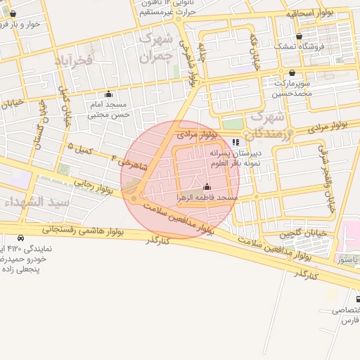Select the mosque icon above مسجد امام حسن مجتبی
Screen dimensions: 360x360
108,94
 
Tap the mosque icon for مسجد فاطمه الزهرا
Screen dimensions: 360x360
207,188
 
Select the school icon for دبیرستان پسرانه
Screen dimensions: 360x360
236,141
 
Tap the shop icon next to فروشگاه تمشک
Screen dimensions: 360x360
300,36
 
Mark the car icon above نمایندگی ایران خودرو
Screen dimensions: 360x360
21,238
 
